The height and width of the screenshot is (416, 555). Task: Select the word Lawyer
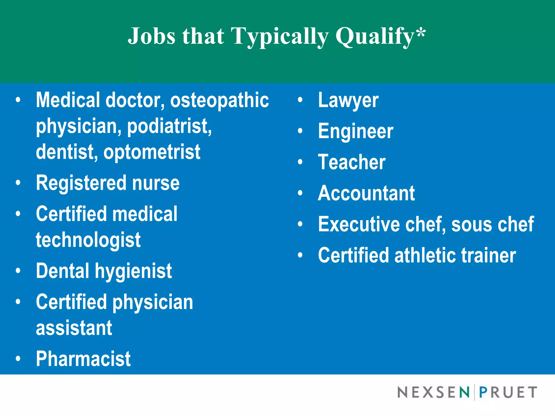point(348,100)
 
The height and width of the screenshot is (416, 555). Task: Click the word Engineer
point(355,131)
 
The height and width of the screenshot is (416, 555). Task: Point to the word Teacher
point(351,162)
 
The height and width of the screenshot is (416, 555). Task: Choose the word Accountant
point(366,193)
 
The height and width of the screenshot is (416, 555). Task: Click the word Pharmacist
point(83,359)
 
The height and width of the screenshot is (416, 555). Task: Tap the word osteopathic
point(219,100)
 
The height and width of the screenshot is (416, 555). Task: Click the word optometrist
point(152,152)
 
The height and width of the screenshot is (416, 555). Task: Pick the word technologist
point(88,240)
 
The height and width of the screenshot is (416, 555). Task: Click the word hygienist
point(133,271)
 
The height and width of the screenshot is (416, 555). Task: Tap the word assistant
point(74,328)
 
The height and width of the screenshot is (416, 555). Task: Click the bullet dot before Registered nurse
point(18,183)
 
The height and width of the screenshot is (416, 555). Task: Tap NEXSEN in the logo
point(433,392)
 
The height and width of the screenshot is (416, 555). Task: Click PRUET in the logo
point(508,392)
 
